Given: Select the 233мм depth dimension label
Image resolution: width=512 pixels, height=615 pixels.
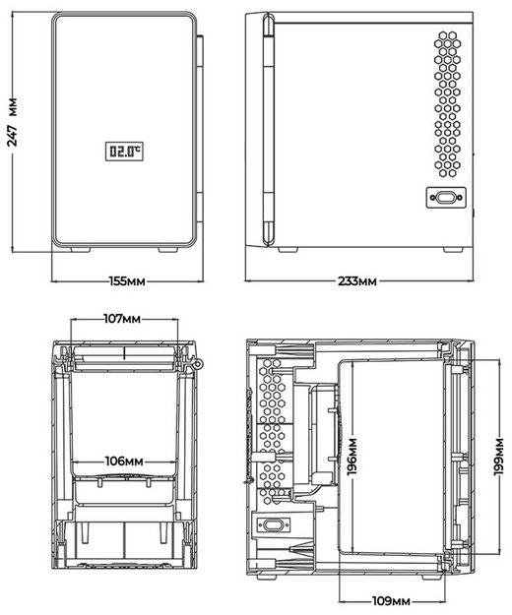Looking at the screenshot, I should (356, 281).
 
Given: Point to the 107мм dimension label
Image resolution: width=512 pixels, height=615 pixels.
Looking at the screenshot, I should (125, 319).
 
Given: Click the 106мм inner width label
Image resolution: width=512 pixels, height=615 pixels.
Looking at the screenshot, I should (125, 460).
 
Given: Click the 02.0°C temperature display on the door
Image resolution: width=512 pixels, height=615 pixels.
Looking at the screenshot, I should (125, 153).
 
